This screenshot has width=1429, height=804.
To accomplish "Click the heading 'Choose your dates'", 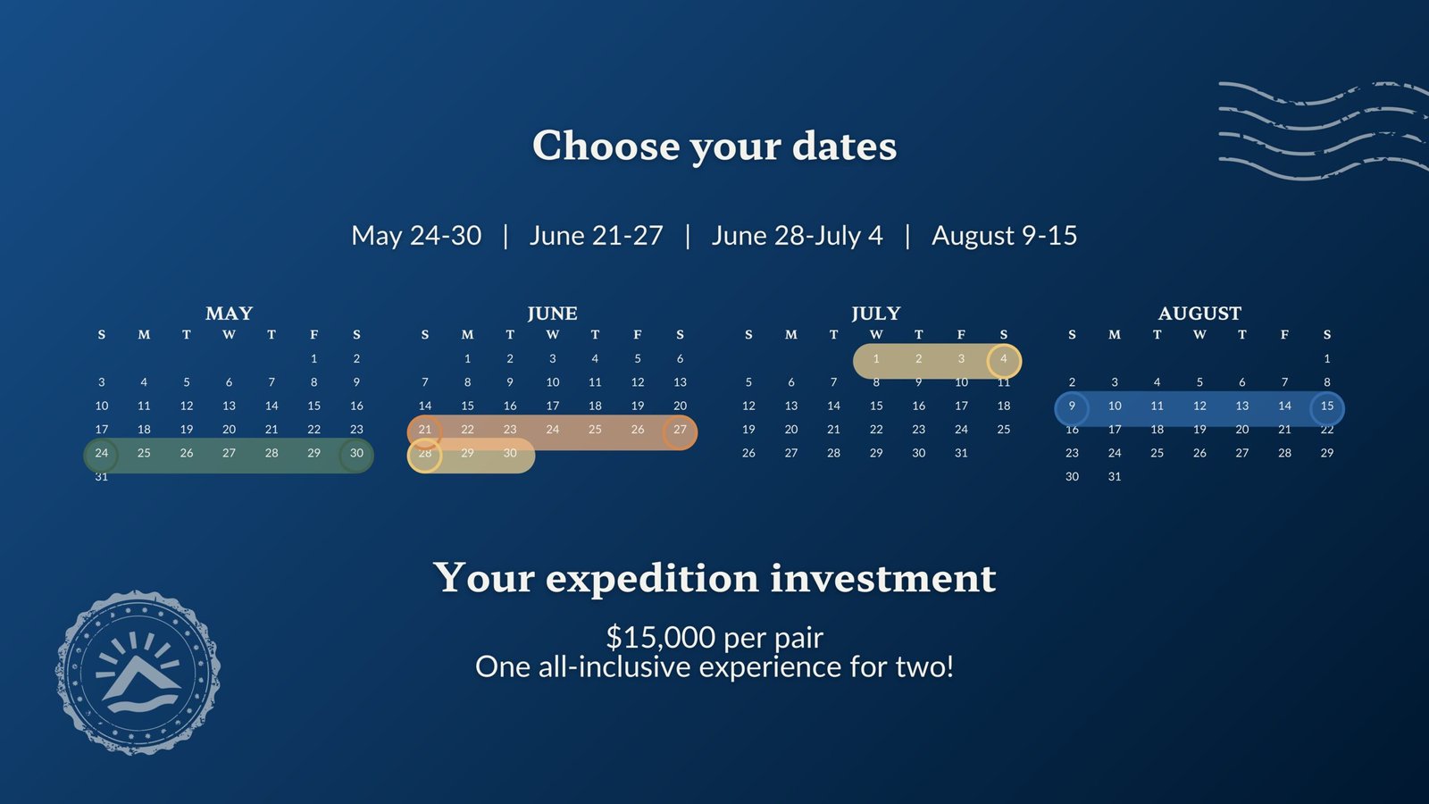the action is (714, 147).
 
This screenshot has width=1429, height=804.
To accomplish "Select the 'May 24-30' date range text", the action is (416, 236).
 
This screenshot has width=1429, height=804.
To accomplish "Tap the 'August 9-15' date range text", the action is (1004, 236).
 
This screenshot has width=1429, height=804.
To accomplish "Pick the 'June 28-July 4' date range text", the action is (797, 236).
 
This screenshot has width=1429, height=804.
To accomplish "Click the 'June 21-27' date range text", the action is (596, 236).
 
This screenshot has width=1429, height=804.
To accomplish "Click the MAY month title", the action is (229, 314).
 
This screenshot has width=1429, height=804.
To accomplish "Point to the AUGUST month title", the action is (1199, 314).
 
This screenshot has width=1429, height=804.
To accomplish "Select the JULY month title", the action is (876, 314).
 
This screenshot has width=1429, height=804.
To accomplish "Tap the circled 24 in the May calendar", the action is (102, 455).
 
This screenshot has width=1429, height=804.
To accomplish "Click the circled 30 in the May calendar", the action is (356, 455).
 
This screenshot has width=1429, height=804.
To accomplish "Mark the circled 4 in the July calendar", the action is (1004, 361).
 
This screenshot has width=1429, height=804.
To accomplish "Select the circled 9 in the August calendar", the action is (1072, 408).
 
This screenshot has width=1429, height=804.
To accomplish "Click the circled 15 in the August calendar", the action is (1327, 408).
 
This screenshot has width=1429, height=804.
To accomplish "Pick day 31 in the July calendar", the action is (961, 453).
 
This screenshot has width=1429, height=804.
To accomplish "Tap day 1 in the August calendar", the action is (1327, 358).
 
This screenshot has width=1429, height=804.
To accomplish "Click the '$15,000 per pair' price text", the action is (714, 637).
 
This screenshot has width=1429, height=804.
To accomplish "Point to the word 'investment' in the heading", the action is (883, 578).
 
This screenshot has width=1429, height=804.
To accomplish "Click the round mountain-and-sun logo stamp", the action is (138, 673).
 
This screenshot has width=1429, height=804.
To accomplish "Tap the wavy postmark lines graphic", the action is (1324, 130).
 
